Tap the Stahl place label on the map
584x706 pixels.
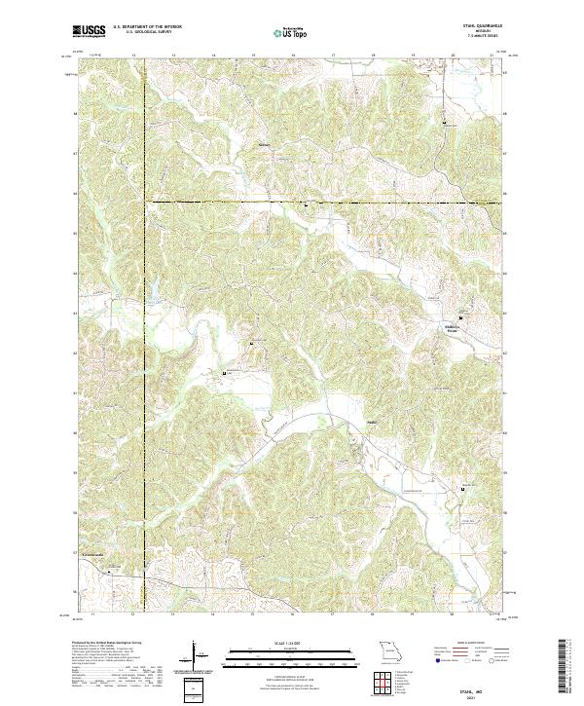coord(344,422)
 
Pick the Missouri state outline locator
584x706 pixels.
coord(388,650)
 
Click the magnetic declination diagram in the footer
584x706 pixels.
coord(196,654)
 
